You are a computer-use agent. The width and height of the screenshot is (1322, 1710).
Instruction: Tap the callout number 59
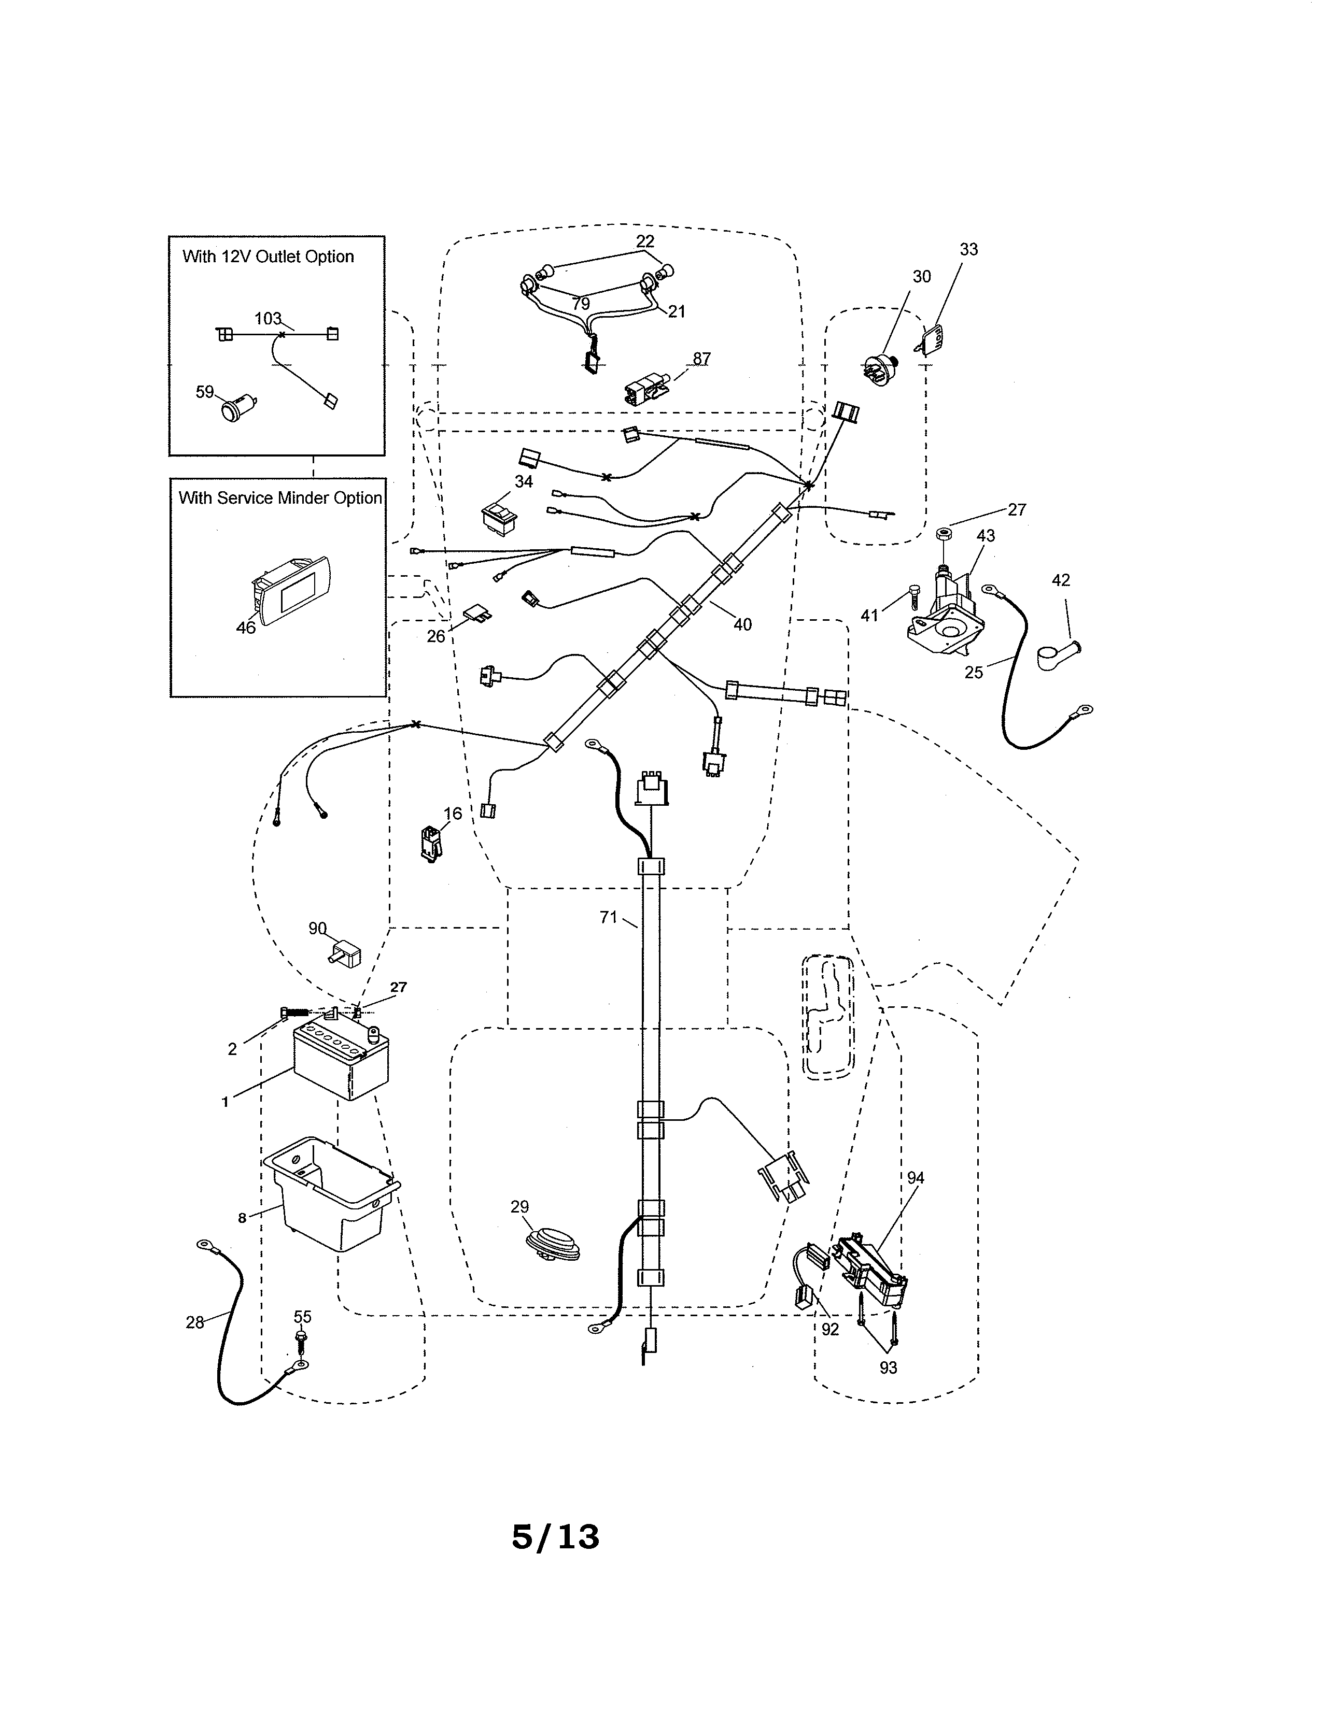tap(204, 391)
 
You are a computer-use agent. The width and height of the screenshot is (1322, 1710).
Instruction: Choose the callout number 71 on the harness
tap(609, 917)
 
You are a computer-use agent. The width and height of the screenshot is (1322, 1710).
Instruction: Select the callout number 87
tap(702, 359)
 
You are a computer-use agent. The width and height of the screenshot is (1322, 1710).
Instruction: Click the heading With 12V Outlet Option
tap(268, 257)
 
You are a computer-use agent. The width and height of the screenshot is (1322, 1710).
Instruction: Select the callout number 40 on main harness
tap(742, 624)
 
